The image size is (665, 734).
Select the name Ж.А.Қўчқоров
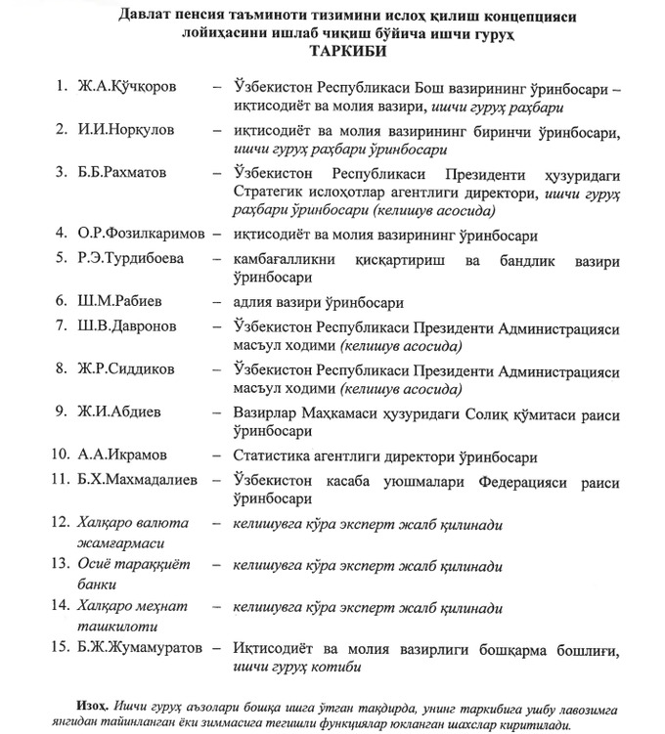[x=128, y=87]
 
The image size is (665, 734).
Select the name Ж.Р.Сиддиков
[x=127, y=370]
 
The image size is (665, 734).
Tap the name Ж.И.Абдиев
[x=120, y=414]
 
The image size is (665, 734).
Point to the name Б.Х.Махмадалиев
[x=139, y=479]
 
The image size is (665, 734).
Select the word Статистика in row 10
[x=270, y=455]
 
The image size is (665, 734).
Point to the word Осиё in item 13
[x=97, y=565]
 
